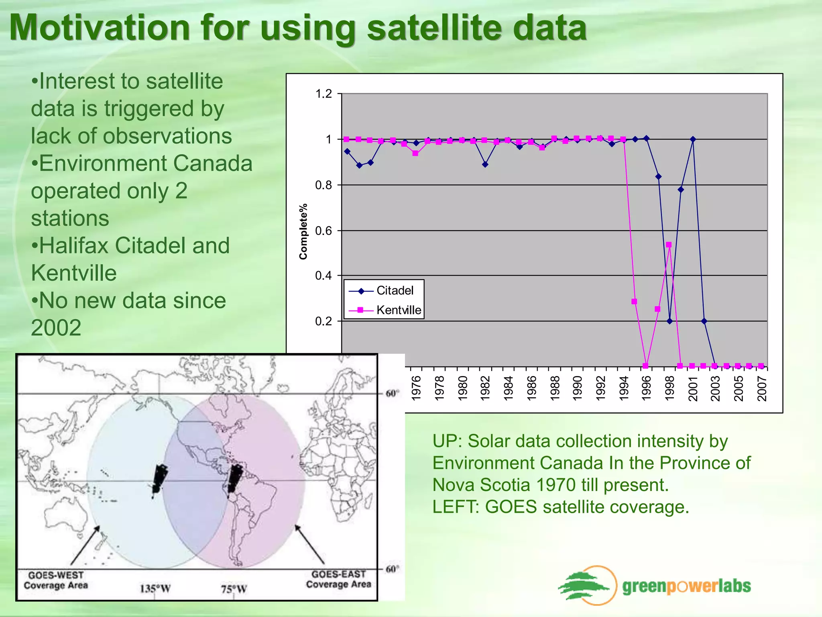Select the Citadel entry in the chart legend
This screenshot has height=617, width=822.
point(395,290)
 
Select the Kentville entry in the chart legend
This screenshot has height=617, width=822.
point(399,310)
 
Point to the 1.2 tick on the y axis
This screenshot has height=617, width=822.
point(324,94)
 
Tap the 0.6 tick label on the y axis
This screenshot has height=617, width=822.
point(324,231)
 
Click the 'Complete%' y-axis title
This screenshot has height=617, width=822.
point(303,231)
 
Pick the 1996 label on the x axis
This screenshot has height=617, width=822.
point(646,388)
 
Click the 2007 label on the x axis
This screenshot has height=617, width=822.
point(762,388)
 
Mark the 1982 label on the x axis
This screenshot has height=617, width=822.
point(485,388)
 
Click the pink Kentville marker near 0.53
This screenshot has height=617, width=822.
point(669,245)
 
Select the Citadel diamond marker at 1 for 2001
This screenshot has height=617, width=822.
point(693,139)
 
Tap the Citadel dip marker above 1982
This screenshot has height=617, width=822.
point(485,164)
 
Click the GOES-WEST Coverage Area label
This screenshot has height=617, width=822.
point(56,580)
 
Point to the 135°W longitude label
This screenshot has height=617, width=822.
point(155,589)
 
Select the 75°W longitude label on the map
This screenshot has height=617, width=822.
point(234,589)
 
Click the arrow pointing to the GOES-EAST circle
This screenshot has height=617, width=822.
point(310,544)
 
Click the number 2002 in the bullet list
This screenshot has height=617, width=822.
point(56,328)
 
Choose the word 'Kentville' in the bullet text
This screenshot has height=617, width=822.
point(74,273)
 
